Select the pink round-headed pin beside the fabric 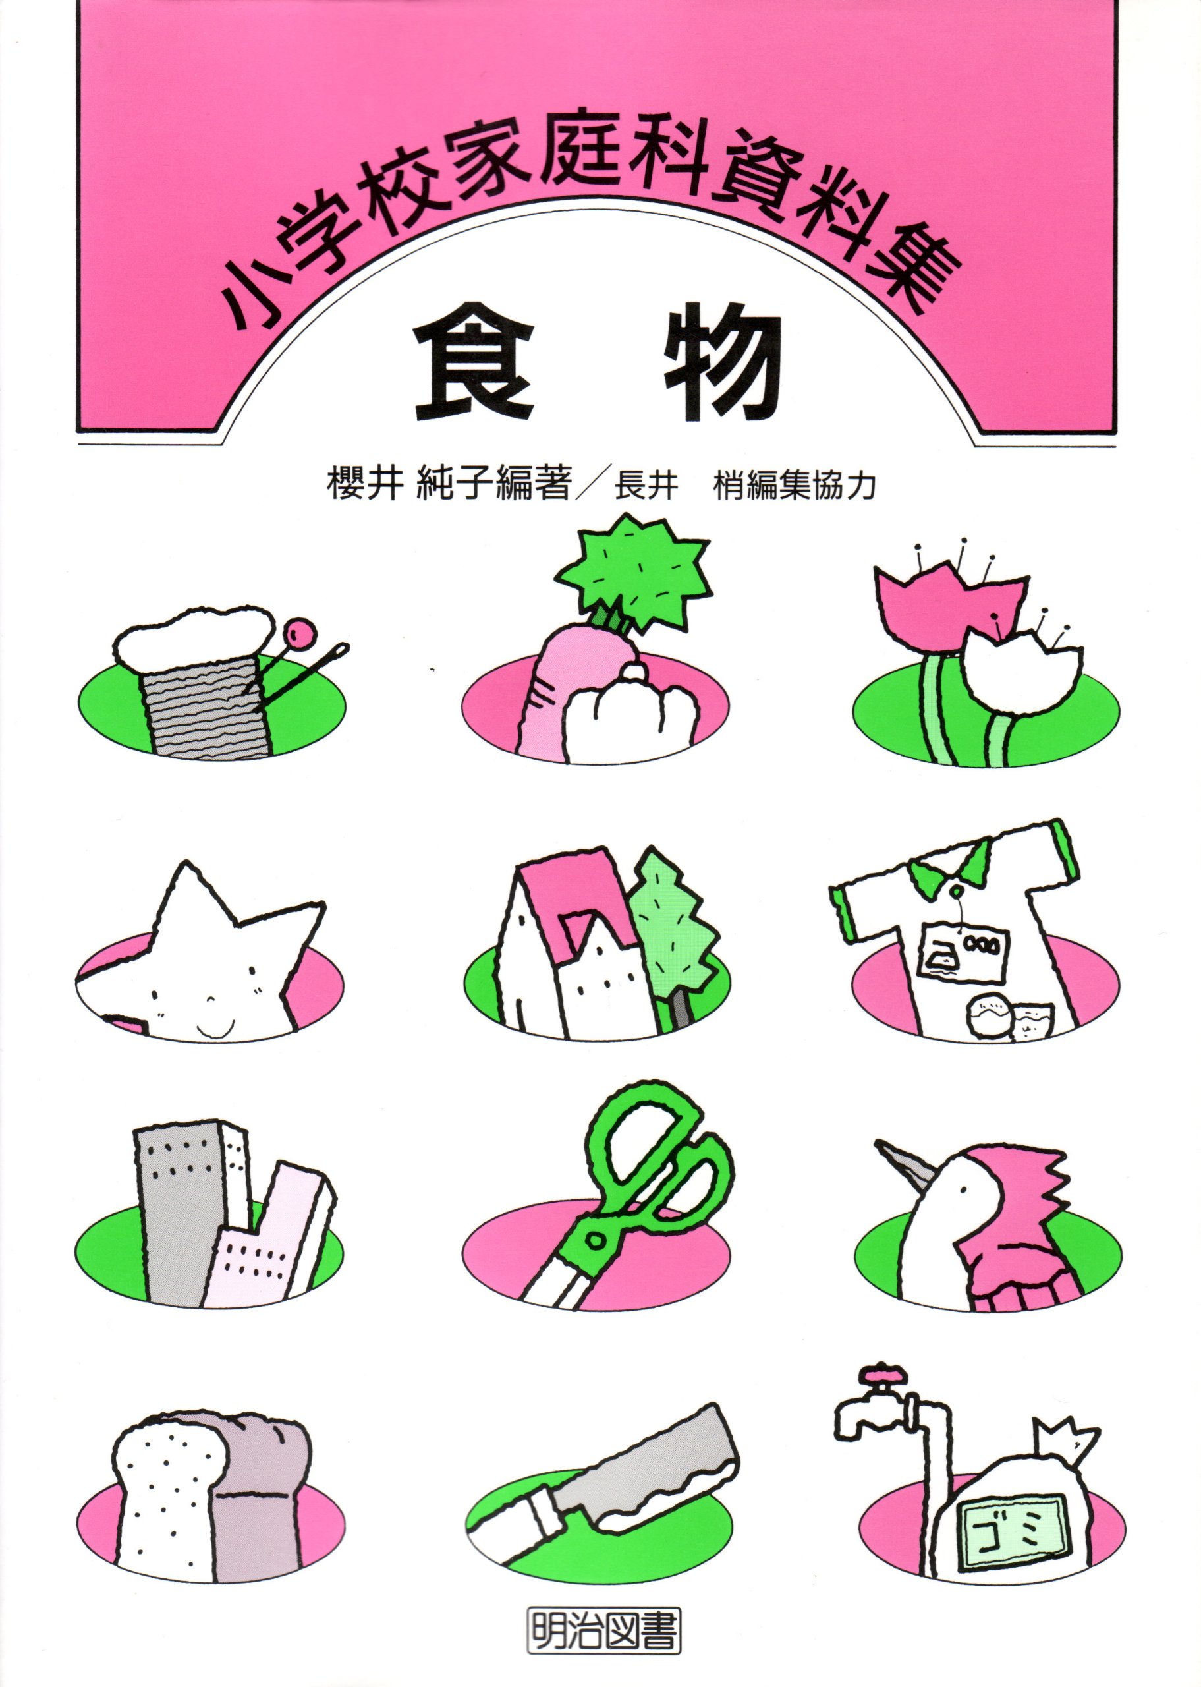pyautogui.click(x=301, y=634)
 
